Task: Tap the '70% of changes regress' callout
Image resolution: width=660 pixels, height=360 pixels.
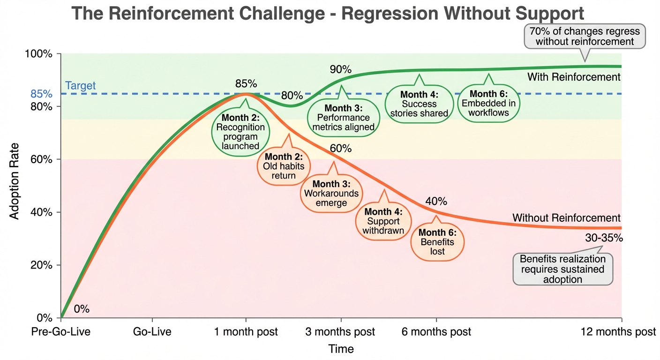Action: pyautogui.click(x=585, y=37)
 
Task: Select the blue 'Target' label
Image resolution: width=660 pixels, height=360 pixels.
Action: pyautogui.click(x=80, y=86)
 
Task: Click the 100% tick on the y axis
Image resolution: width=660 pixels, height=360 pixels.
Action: pyautogui.click(x=41, y=54)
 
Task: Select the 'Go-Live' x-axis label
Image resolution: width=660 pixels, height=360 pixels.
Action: pyautogui.click(x=152, y=332)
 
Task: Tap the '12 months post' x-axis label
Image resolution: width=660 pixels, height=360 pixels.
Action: pyautogui.click(x=618, y=332)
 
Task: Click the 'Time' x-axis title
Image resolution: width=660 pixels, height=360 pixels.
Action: pyautogui.click(x=341, y=349)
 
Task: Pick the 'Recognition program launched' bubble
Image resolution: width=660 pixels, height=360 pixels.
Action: pyautogui.click(x=240, y=132)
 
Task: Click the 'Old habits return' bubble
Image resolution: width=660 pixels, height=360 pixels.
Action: pyautogui.click(x=283, y=166)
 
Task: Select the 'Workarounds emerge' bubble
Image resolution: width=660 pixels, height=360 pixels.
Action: pyautogui.click(x=331, y=193)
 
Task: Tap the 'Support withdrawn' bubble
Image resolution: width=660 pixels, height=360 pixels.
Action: pyautogui.click(x=383, y=221)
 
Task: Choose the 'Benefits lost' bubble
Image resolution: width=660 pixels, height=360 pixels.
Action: pyautogui.click(x=437, y=242)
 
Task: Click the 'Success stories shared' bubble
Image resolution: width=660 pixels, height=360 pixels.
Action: pyautogui.click(x=419, y=104)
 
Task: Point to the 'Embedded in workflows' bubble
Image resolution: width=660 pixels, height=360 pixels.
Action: pyautogui.click(x=488, y=104)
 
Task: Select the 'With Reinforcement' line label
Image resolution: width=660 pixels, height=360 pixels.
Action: pyautogui.click(x=573, y=77)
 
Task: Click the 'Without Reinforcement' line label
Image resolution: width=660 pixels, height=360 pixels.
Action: pyautogui.click(x=566, y=218)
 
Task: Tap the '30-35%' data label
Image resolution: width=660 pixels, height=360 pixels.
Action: pyautogui.click(x=604, y=238)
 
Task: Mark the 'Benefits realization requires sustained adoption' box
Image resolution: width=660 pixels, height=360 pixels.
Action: pyautogui.click(x=562, y=269)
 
